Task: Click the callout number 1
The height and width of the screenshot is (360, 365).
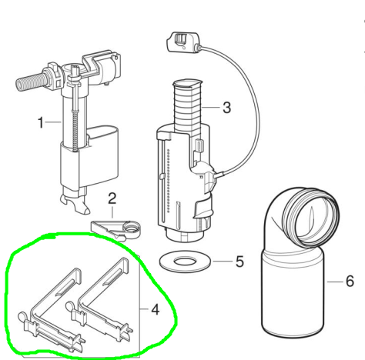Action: [41, 122]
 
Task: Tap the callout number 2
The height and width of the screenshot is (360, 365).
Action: [112, 198]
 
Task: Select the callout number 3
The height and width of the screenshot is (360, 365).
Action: [226, 108]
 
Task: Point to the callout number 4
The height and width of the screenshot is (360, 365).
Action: [155, 309]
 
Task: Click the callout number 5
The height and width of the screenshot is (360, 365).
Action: [239, 262]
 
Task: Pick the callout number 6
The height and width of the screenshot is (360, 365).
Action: [350, 282]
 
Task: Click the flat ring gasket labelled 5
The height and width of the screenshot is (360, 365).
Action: [185, 262]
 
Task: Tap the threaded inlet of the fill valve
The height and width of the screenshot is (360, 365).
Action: [32, 82]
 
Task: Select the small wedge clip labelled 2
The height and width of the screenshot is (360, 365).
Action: [116, 229]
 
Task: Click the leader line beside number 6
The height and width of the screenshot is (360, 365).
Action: [335, 282]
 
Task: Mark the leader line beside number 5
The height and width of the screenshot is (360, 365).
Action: [223, 262]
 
